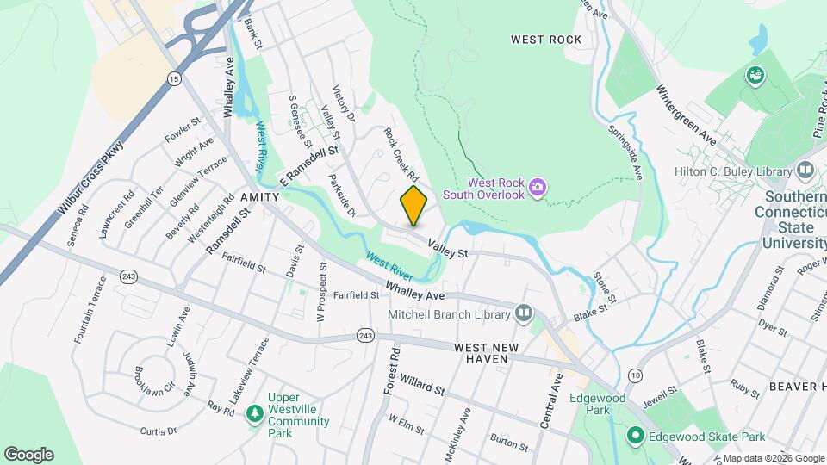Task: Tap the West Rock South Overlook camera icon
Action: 538,186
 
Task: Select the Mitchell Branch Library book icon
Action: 524,313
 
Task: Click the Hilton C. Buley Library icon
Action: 805,170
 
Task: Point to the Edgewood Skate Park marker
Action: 636,436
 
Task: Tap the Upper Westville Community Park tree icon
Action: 254,413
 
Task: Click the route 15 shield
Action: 175,78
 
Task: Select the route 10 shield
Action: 635,375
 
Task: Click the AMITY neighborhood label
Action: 260,197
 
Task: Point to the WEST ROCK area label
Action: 546,40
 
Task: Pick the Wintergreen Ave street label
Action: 687,114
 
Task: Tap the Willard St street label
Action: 421,384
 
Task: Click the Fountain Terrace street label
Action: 91,309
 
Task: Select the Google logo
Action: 28,454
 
